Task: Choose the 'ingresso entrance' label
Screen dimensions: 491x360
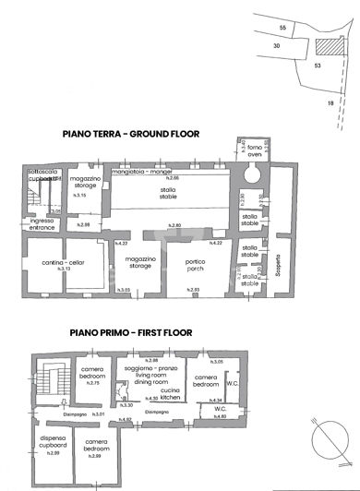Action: click(42, 224)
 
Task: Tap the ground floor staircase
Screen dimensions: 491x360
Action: click(38, 193)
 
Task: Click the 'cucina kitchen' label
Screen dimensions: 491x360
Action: click(169, 393)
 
